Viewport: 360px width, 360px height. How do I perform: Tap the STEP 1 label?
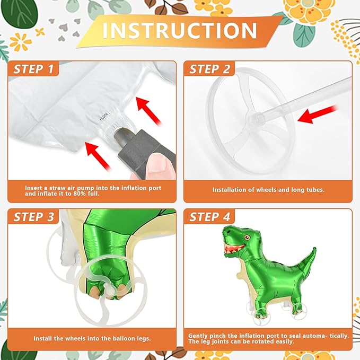tap(33, 69)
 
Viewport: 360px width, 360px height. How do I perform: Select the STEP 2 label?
tap(210, 69)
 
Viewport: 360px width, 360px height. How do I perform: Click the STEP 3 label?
tap(33, 216)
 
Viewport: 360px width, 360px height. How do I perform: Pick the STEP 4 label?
tap(210, 216)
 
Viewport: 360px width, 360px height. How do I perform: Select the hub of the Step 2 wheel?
tap(257, 116)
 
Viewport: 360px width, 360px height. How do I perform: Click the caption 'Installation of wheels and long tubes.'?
tap(268, 189)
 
